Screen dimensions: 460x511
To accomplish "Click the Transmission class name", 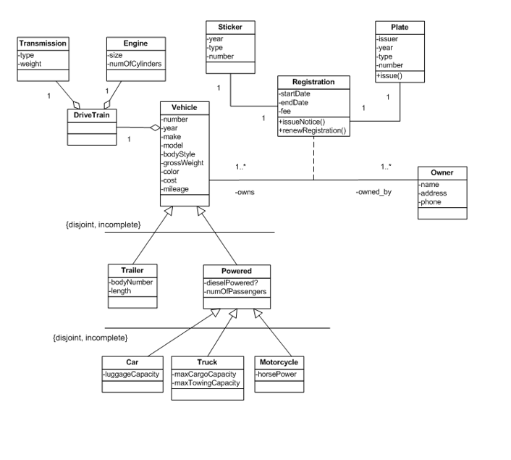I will [x=43, y=43].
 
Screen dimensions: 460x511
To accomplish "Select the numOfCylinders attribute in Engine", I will [x=135, y=63].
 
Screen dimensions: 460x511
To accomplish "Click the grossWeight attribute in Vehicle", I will [x=184, y=163].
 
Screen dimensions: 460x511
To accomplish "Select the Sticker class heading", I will [x=230, y=27].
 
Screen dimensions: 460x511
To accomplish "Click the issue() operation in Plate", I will [x=389, y=75].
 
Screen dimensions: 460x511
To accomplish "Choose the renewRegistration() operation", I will [x=312, y=130].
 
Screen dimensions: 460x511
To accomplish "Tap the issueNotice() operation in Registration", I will [x=302, y=122].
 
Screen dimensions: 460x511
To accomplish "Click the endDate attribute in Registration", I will [x=293, y=103].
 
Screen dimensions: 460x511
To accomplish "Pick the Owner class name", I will [x=442, y=173].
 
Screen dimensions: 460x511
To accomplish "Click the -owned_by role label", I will [x=373, y=193].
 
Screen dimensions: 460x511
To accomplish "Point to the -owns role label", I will [x=245, y=193].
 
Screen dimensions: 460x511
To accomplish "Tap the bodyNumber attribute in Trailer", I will [x=130, y=282].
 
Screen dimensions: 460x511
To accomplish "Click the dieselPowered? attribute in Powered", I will [x=233, y=283].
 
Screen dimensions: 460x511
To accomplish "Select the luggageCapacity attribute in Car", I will [x=130, y=374].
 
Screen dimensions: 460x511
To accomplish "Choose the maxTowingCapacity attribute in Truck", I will [x=206, y=382].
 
